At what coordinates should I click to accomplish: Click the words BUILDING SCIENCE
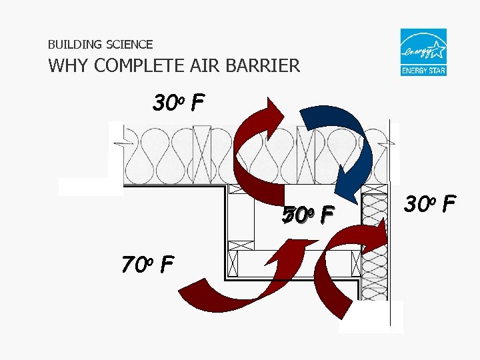pyautogui.click(x=100, y=45)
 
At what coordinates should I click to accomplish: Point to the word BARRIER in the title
pyautogui.click(x=266, y=66)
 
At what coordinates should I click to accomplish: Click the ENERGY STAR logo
pyautogui.click(x=423, y=52)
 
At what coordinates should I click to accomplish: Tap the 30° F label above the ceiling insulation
pyautogui.click(x=178, y=103)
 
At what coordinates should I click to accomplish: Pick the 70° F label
pyautogui.click(x=147, y=265)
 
